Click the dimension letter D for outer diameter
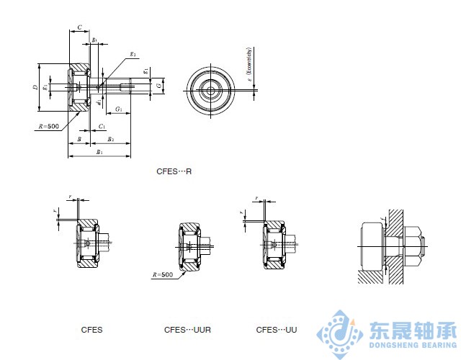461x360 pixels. pos(35,87)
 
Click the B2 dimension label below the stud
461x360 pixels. pos(111,138)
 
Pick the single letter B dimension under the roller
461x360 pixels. pos(78,138)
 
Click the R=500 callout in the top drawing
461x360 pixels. pos(48,126)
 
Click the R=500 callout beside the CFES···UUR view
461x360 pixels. pos(163,275)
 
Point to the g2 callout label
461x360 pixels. pos(133,54)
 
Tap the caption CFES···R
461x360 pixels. pos(174,172)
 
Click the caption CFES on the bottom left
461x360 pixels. pos(91,330)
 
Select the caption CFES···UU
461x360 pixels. pos(276,330)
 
